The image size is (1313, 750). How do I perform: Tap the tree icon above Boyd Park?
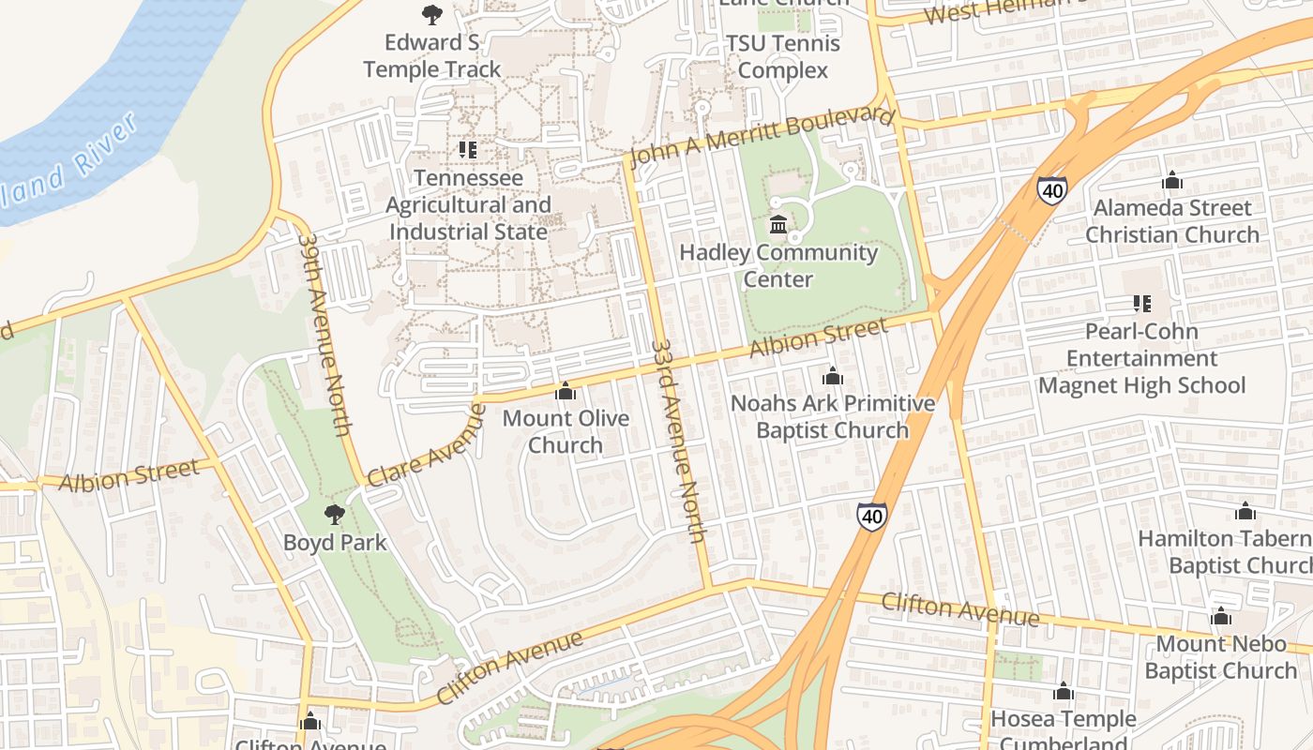[333, 515]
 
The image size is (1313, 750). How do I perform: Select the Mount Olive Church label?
[566, 431]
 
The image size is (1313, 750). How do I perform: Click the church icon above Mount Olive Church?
[566, 391]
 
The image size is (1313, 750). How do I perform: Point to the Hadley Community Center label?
[778, 265]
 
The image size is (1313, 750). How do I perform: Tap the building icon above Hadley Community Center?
[778, 225]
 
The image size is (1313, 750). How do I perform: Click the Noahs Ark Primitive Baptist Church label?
[833, 416]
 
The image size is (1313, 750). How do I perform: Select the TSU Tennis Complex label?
[783, 57]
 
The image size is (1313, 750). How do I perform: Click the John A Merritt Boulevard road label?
[761, 137]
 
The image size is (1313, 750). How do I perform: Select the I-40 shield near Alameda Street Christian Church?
[1051, 189]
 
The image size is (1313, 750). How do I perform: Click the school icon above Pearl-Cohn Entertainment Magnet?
[1141, 303]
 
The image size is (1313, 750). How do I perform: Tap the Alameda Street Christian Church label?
[1171, 221]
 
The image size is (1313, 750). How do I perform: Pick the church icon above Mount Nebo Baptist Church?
[1220, 617]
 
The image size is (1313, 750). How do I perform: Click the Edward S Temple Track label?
[432, 56]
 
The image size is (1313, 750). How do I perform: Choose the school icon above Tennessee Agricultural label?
[467, 150]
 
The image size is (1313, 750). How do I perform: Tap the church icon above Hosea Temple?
[1063, 692]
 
